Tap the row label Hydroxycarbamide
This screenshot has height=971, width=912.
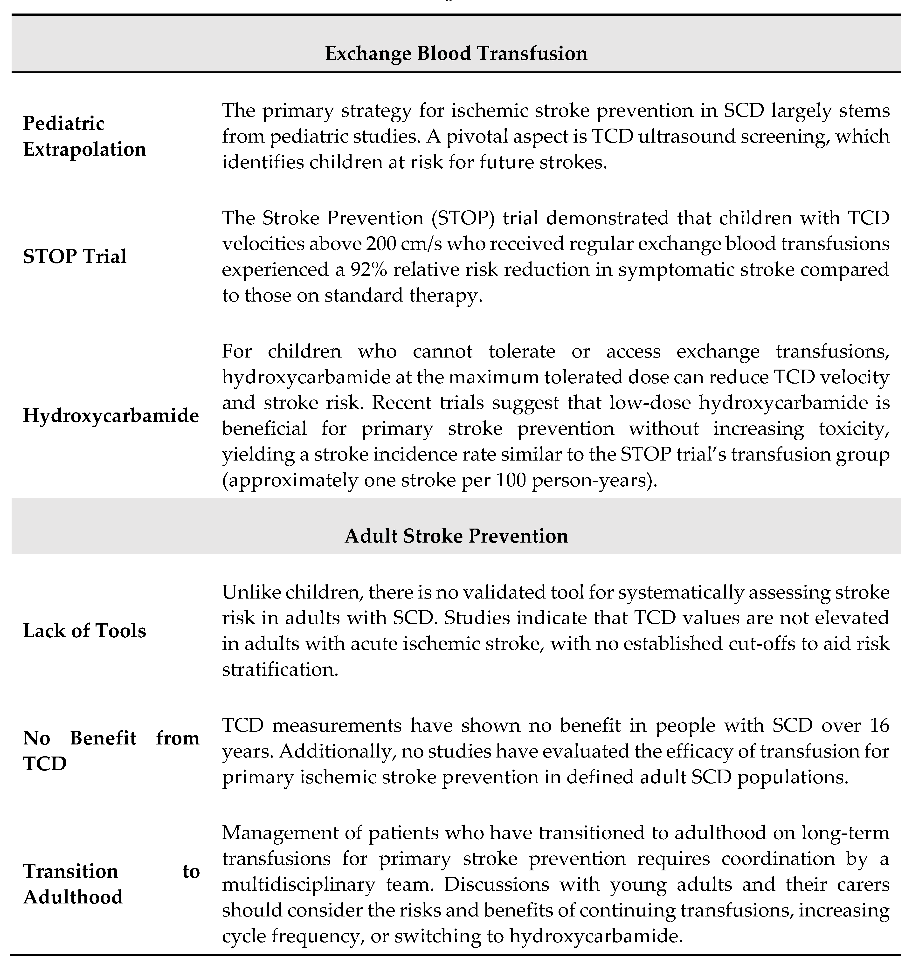pos(111,416)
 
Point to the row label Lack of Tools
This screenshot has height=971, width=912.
pos(84,631)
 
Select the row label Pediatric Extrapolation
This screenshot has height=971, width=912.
pos(84,136)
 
